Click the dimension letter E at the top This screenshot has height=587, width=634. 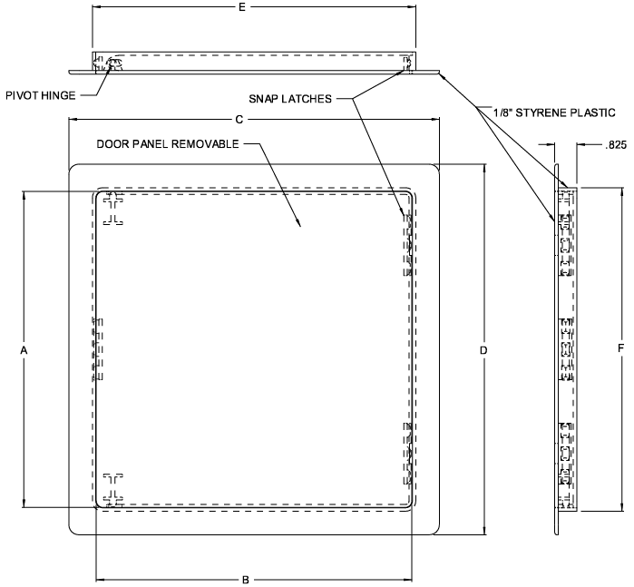tap(242, 7)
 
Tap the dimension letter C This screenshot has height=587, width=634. tap(239, 120)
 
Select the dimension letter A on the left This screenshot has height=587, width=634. tap(24, 350)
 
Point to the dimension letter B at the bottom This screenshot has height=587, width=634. tap(246, 580)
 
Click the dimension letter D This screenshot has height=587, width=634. tap(483, 350)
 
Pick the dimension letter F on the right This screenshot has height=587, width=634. tap(621, 347)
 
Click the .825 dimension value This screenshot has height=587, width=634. tap(616, 145)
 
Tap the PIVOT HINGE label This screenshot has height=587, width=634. tap(41, 95)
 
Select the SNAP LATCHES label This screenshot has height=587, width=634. tap(290, 99)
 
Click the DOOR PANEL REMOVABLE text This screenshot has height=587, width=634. tap(168, 144)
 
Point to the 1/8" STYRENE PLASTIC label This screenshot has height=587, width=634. tap(554, 113)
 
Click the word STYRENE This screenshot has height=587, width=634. tap(541, 113)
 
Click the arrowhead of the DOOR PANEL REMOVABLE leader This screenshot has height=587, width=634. tap(299, 224)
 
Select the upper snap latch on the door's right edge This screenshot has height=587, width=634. tap(407, 245)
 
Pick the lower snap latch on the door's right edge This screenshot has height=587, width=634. tap(407, 454)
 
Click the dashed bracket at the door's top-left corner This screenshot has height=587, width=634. tap(113, 209)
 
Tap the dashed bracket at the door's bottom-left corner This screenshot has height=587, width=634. tap(113, 490)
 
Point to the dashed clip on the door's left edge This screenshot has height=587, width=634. tap(98, 348)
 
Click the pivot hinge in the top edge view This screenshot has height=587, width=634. tap(113, 64)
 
